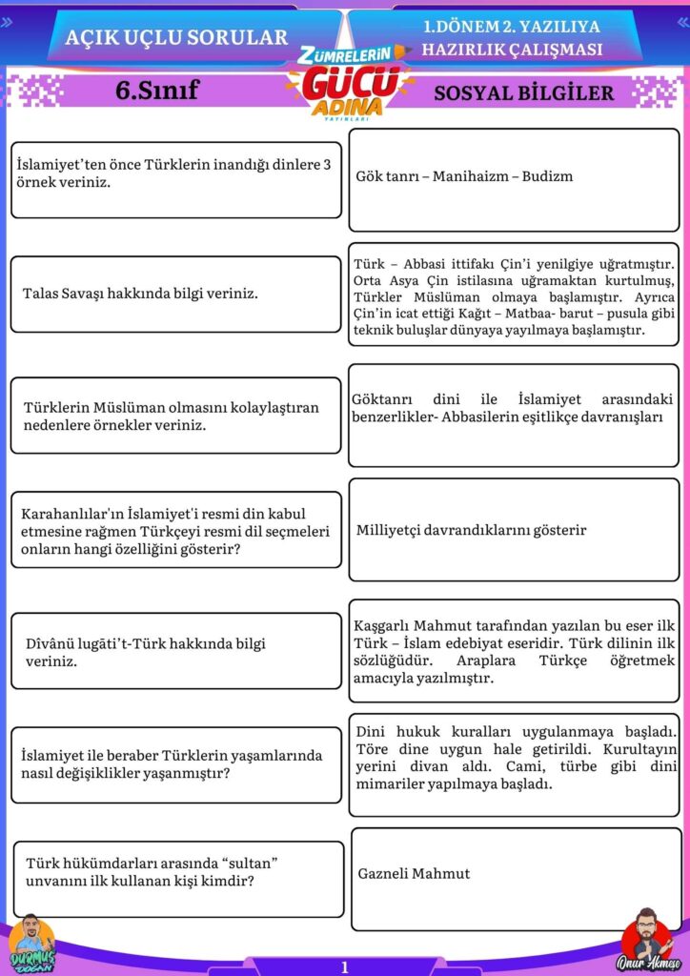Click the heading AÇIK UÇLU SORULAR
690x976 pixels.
[176, 37]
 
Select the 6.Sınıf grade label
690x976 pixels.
[156, 91]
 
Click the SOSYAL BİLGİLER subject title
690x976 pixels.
[523, 92]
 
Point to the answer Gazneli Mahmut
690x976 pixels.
[414, 873]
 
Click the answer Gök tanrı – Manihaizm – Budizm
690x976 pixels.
[464, 176]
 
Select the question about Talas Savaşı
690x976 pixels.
[140, 294]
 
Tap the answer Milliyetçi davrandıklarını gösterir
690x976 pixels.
[472, 530]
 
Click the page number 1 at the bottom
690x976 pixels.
[345, 966]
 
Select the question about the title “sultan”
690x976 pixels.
[152, 872]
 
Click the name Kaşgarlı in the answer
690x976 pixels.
[383, 625]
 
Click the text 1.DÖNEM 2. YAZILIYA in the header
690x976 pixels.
[513, 29]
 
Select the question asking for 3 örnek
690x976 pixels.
[173, 173]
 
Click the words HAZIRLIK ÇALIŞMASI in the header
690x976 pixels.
[513, 50]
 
